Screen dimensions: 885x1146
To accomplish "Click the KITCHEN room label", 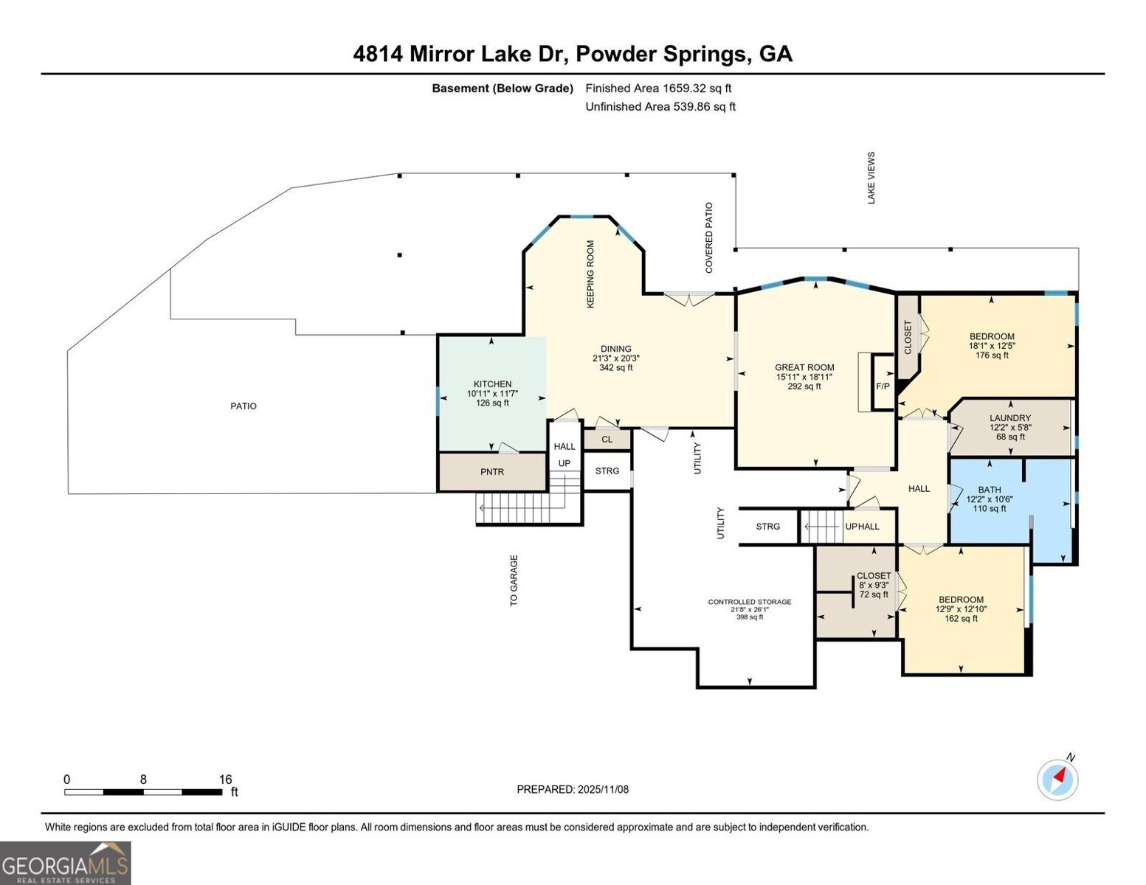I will (x=492, y=384).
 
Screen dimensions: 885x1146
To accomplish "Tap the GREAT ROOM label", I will (x=804, y=367).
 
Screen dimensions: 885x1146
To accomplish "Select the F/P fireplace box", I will (x=883, y=386).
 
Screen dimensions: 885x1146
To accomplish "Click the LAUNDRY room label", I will (x=1010, y=418).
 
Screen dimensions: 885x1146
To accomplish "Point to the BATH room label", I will (x=990, y=490).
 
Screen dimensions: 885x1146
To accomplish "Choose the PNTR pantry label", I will (x=492, y=472).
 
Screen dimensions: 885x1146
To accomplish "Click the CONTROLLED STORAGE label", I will (x=750, y=602).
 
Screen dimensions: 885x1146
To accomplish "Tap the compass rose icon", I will (x=1057, y=780).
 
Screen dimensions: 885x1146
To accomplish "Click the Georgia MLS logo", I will (x=66, y=863).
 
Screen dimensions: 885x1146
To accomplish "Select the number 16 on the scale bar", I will (x=225, y=780).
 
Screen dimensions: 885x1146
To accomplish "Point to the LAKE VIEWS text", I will (x=871, y=178).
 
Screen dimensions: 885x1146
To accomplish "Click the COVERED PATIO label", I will (x=709, y=238).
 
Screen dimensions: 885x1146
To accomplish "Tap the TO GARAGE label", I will (x=514, y=580).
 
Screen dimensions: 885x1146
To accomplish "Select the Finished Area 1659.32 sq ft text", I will (x=658, y=88).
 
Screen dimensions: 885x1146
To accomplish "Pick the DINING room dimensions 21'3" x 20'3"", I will (x=616, y=358).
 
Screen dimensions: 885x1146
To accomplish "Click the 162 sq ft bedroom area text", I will (x=961, y=619).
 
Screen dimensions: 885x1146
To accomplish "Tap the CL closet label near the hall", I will (x=607, y=440).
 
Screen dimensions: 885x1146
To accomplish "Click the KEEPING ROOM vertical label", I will (x=590, y=274).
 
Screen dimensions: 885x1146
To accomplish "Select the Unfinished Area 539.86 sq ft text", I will (x=660, y=107).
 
